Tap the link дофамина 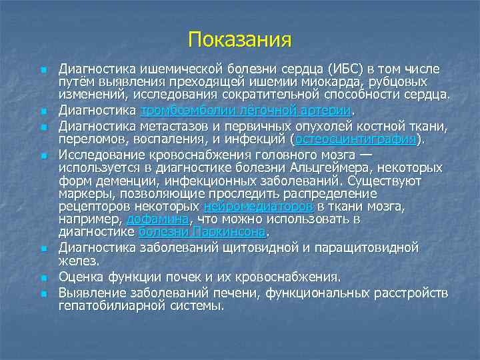(157, 219)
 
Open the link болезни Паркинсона (202, 232)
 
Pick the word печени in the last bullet (236, 292)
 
